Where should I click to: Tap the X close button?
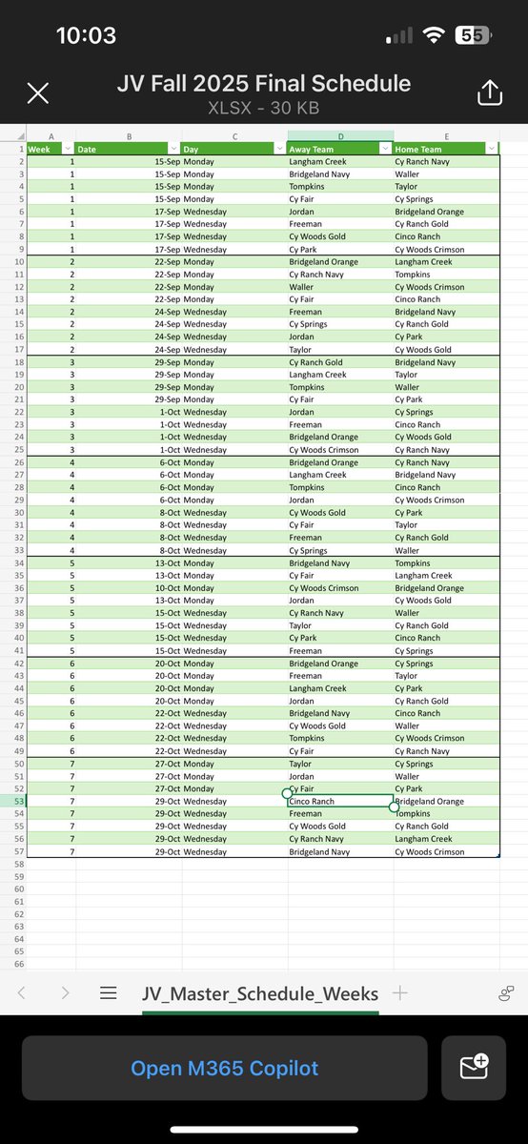pyautogui.click(x=37, y=92)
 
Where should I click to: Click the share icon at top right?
pyautogui.click(x=488, y=92)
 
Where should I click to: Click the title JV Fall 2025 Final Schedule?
pyautogui.click(x=264, y=84)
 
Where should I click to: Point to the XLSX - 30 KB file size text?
pyautogui.click(x=264, y=108)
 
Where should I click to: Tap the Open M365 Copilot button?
pyautogui.click(x=225, y=1068)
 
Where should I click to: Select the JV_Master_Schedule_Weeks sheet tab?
pyautogui.click(x=260, y=993)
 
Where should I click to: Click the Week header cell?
pyautogui.click(x=44, y=149)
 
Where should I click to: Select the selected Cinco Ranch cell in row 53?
pyautogui.click(x=339, y=802)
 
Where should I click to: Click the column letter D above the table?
pyautogui.click(x=340, y=136)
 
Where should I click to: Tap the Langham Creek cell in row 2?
pyautogui.click(x=338, y=162)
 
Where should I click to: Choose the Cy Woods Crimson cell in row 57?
pyautogui.click(x=444, y=851)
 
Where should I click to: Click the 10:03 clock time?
pyautogui.click(x=86, y=36)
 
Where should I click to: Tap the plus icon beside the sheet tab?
pyautogui.click(x=399, y=992)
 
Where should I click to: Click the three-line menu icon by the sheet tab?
pyautogui.click(x=109, y=993)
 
